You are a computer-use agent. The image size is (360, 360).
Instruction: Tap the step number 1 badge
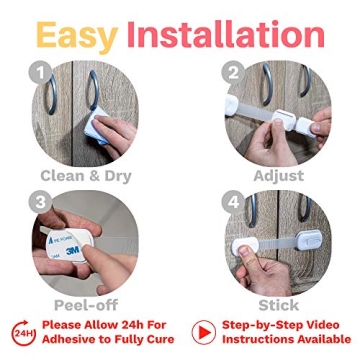point(40,73)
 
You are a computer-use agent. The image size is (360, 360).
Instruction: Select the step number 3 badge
point(40,200)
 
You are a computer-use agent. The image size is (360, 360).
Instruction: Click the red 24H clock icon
point(24,333)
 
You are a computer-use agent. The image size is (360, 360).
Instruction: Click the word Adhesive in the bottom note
point(74,341)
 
